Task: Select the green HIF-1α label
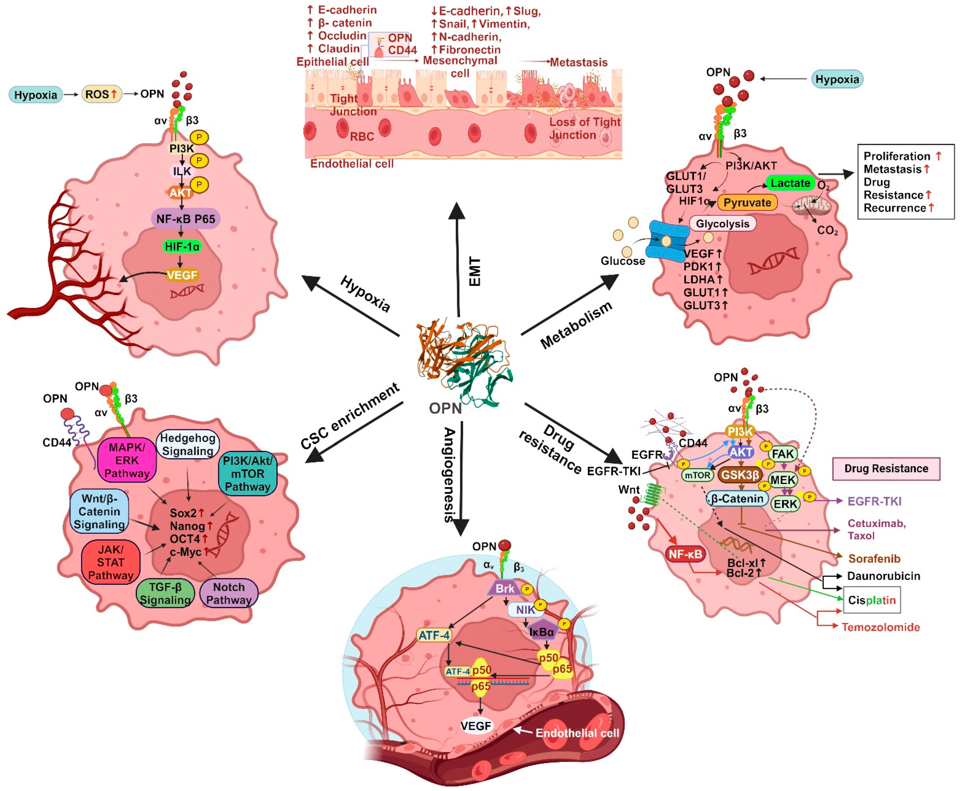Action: [x=182, y=246]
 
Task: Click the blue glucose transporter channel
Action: [x=666, y=240]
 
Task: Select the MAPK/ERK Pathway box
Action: [x=127, y=460]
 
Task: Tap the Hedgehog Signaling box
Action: [x=188, y=445]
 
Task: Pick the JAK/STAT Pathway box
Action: [x=111, y=562]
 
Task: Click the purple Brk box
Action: [x=505, y=588]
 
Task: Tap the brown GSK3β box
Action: [x=740, y=475]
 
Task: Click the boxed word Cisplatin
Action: [x=871, y=600]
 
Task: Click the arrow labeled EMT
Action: [x=457, y=260]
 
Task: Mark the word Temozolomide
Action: [x=880, y=627]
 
